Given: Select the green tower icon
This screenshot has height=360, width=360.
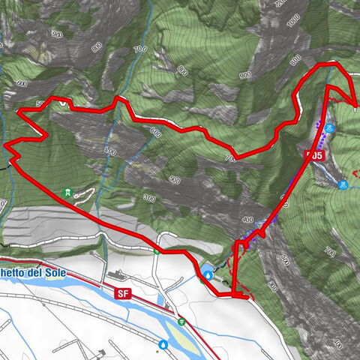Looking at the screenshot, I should (70, 193).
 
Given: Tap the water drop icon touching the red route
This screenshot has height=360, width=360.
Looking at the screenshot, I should (206, 274).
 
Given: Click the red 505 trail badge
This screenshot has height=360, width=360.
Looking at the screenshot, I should (315, 155).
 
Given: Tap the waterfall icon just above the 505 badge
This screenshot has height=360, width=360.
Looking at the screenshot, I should (331, 128).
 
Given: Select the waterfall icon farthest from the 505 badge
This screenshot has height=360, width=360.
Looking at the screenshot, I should (343, 184).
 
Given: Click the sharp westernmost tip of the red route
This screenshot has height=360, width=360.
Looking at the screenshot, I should (5, 145).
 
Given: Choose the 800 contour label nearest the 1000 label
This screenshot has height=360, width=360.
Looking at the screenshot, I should (295, 58).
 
